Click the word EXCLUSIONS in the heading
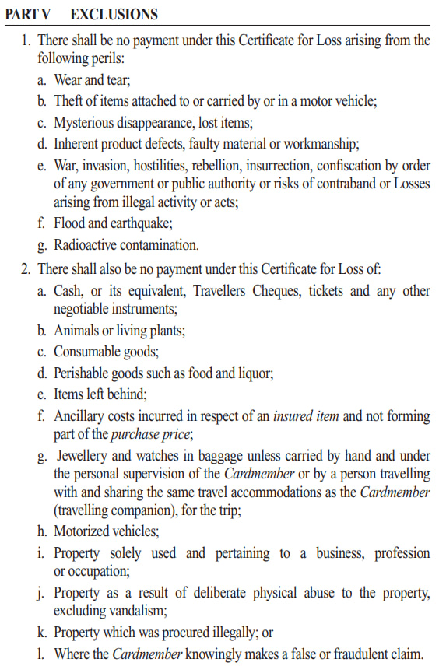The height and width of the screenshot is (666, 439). click(x=113, y=14)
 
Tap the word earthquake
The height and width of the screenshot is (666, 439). click(x=139, y=224)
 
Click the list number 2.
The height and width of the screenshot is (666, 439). click(x=26, y=269)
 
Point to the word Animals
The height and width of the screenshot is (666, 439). click(x=77, y=331)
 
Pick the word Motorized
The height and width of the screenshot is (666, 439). click(x=84, y=531)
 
